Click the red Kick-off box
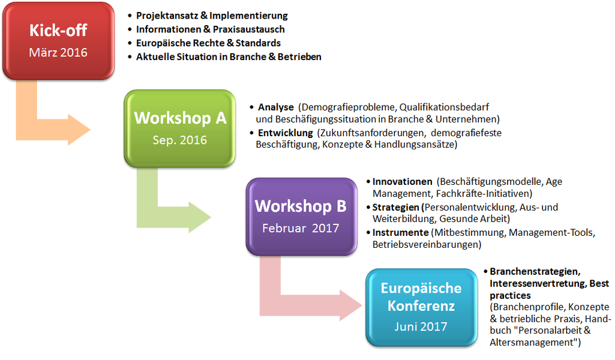point(58,41)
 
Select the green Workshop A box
point(179,128)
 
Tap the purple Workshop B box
point(301,217)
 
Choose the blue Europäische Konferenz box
point(421,307)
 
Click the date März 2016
point(58,53)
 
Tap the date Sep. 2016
point(179,140)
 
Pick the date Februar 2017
point(301,228)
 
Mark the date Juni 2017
point(421,326)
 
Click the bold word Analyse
point(276,107)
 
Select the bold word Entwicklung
point(285,133)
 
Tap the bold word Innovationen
point(402,182)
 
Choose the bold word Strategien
point(396,207)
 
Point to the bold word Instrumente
point(400,233)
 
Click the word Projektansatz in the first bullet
point(167,16)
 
